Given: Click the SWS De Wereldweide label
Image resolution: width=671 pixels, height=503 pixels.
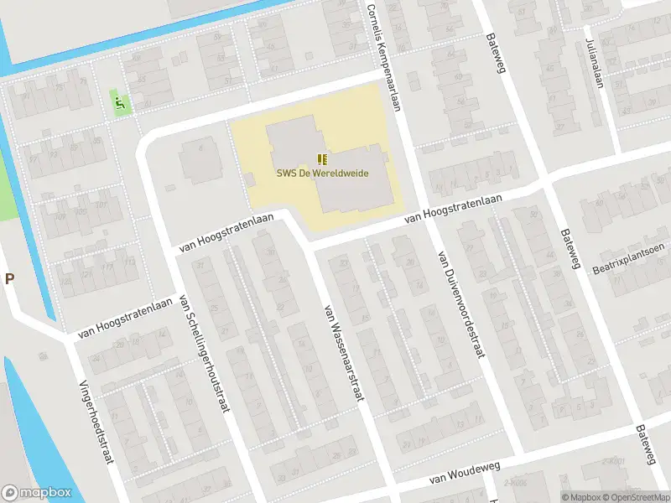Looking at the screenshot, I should pos(321,174).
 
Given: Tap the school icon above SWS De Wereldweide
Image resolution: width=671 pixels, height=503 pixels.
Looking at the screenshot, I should pos(321,158).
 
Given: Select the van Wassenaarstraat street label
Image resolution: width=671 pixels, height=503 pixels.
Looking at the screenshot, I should pos(341,351).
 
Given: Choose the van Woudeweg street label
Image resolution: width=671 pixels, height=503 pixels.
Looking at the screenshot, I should pos(458,477).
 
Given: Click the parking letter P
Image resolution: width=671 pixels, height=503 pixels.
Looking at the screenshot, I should pos(9,279).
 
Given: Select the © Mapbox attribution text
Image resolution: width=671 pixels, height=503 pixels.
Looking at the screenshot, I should pos(580,497).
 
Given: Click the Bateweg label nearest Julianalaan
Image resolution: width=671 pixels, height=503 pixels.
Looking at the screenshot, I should pos(497,53).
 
